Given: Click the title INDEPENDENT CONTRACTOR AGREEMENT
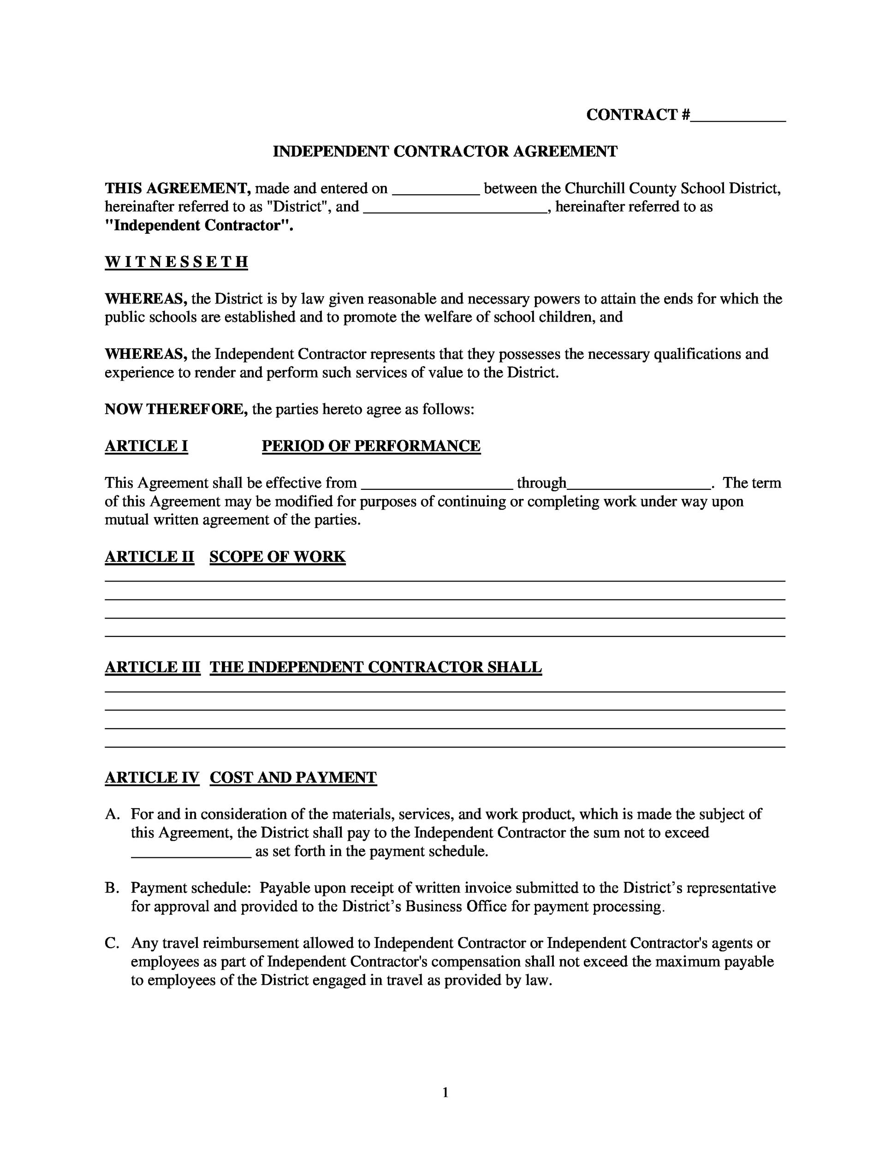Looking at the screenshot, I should pyautogui.click(x=445, y=152).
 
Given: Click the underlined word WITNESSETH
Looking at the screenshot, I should pyautogui.click(x=176, y=262).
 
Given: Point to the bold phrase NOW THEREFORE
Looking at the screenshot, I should pyautogui.click(x=176, y=409).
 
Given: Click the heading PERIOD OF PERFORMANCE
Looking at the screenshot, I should pyautogui.click(x=371, y=446).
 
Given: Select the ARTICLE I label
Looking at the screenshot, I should pyautogui.click(x=146, y=446).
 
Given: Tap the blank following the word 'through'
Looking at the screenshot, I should pyautogui.click(x=639, y=486).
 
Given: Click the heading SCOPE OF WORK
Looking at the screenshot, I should pyautogui.click(x=277, y=557).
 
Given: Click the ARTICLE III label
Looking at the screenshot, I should pyautogui.click(x=153, y=667).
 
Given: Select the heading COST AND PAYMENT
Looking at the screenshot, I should pyautogui.click(x=293, y=778).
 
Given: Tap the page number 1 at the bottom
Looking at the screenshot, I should pyautogui.click(x=445, y=1092).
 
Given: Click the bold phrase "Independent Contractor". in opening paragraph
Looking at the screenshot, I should pyautogui.click(x=198, y=226).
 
